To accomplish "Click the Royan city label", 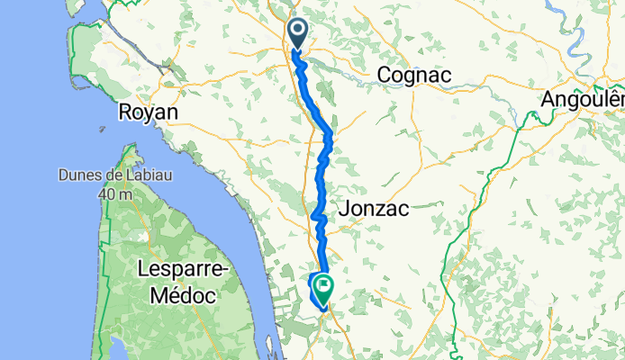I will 149,112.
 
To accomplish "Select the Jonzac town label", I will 373,208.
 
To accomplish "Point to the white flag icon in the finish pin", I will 322,286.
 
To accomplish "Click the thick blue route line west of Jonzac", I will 318,216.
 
